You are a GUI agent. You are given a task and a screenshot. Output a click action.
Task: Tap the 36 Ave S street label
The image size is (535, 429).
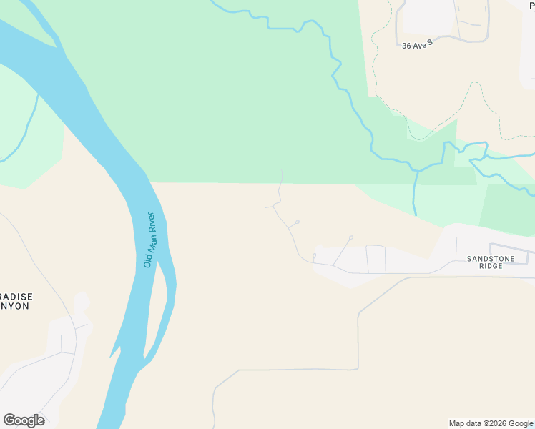tap(418, 45)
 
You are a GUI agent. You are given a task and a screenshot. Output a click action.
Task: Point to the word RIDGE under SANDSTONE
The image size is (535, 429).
tap(491, 266)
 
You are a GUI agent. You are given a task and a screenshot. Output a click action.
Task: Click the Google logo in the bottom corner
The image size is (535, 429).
tap(24, 420)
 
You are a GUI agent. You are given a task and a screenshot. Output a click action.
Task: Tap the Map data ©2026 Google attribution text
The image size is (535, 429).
tap(491, 423)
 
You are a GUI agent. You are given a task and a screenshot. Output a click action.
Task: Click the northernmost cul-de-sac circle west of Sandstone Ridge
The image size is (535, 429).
tap(297, 222)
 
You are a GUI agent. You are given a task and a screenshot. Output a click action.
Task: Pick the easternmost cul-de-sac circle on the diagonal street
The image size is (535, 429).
tap(351, 237)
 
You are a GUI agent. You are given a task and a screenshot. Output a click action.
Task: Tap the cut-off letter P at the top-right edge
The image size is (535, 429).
tap(531, 6)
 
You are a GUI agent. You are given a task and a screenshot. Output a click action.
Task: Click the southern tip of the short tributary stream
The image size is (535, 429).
tap(416, 214)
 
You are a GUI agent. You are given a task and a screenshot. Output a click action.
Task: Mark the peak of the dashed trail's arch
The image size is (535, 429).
tap(473, 83)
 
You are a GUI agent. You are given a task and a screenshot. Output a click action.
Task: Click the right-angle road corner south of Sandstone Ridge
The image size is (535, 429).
tap(358, 369)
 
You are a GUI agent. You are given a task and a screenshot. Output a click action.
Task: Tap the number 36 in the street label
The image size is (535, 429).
tap(407, 46)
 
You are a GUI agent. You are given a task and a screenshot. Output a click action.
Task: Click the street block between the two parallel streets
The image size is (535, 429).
tap(376, 259)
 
